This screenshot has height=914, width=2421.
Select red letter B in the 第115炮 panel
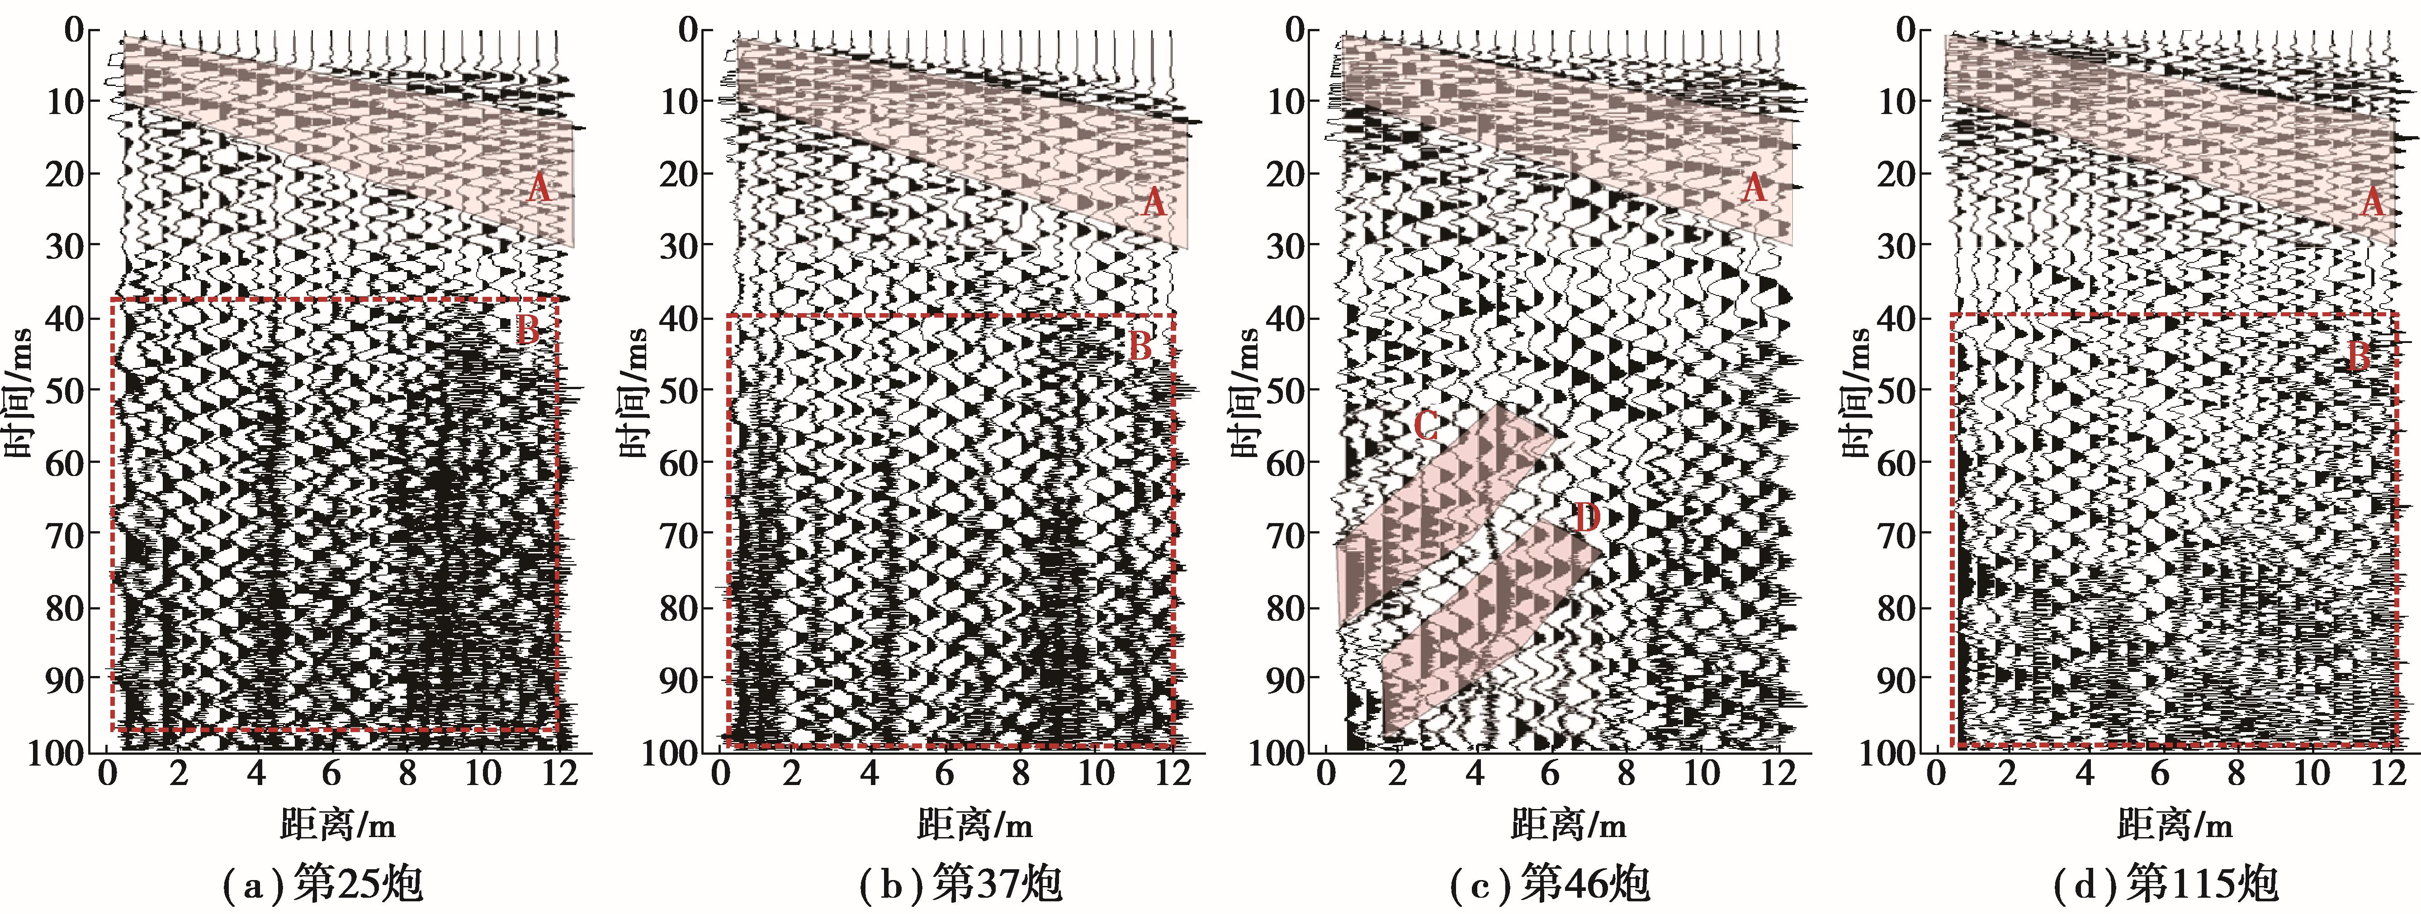tap(2359, 357)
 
